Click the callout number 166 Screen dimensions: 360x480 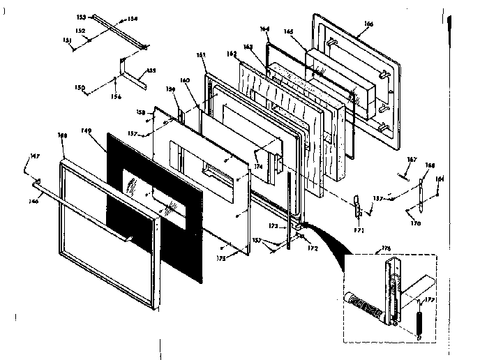369,24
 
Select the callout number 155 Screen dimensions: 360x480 151,71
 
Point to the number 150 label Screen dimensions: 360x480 80,88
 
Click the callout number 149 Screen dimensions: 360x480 87,130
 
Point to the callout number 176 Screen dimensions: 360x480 386,248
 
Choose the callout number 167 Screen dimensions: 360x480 412,160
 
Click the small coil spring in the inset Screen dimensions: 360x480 419,324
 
